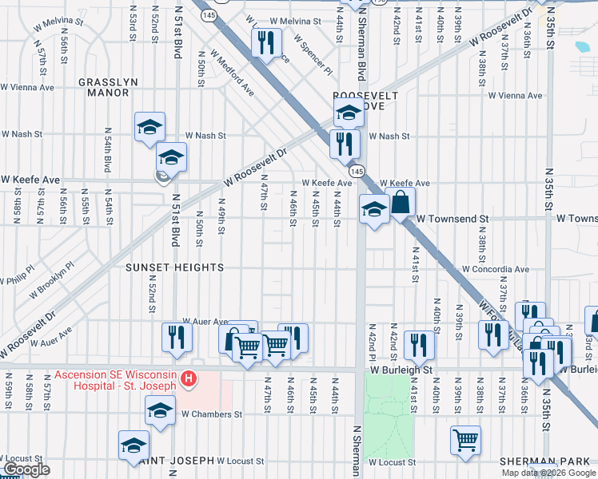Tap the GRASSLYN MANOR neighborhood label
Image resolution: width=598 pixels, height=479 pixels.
click(x=104, y=87)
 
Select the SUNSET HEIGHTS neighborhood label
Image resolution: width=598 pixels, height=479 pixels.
click(x=174, y=267)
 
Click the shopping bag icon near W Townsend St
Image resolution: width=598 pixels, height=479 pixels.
click(x=401, y=204)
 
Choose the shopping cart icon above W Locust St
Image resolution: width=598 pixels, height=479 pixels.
click(x=464, y=439)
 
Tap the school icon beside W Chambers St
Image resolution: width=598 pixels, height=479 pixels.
click(x=160, y=411)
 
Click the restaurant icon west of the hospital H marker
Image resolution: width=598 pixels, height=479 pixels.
click(x=176, y=336)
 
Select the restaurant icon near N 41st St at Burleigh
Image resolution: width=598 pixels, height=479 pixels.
click(x=418, y=344)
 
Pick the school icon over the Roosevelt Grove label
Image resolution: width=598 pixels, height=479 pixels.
click(x=349, y=113)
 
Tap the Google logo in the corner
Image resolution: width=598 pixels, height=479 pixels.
click(x=26, y=470)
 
